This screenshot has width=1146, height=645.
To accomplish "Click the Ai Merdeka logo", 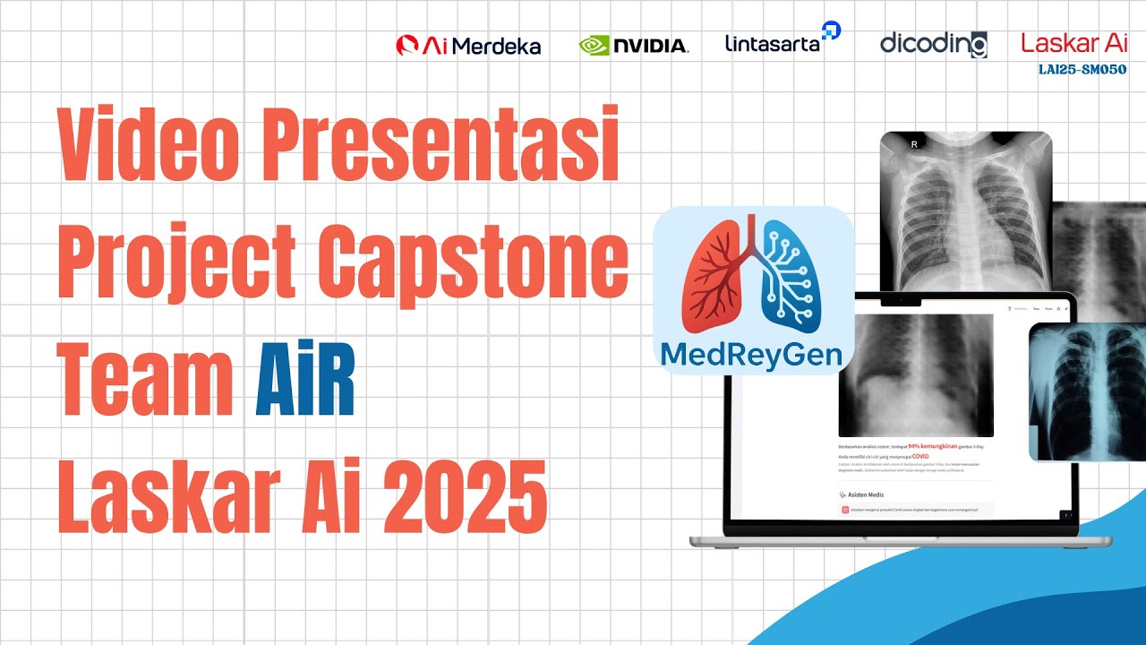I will coord(468,46).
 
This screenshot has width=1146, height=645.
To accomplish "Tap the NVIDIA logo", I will coord(634,45).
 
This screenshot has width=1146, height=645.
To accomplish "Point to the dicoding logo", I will coord(933,43).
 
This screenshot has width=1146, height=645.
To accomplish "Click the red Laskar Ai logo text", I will coord(1073,43).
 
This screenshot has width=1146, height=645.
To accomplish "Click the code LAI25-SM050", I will coord(1082,69).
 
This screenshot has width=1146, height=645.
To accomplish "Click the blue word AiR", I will coord(304,383).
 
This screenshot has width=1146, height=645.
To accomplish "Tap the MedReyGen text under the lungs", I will coord(752,356).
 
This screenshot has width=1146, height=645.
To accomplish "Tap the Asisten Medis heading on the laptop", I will coord(866,494).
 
